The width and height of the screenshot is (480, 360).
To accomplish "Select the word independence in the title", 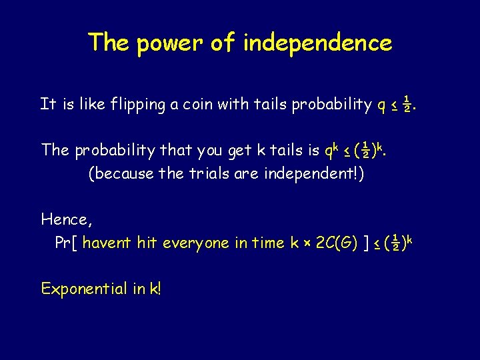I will click(317, 43).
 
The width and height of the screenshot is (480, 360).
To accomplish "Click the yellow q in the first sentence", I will click(381, 105).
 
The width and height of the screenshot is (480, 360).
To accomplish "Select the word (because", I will click(117, 175).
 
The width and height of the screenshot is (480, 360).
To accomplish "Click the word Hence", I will click(63, 219).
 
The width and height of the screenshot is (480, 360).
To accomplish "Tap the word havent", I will click(107, 243).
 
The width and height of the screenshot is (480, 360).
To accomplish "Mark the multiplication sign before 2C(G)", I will click(306, 244).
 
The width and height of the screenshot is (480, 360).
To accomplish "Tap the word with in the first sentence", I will click(233, 104).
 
